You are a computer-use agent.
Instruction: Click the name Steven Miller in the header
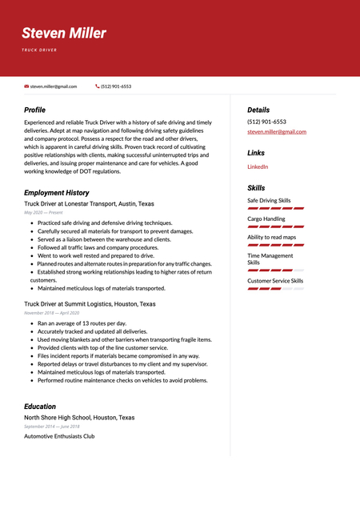pos(64,34)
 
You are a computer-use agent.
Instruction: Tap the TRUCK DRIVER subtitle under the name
pos(39,50)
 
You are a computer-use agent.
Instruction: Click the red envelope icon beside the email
pos(26,86)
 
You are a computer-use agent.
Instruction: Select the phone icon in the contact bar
pos(98,86)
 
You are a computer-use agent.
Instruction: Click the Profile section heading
pos(34,110)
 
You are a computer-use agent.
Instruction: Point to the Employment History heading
pos(56,193)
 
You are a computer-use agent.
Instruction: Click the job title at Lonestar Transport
pos(89,204)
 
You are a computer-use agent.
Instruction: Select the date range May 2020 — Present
pos(43,213)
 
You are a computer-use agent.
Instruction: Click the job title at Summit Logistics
pos(89,304)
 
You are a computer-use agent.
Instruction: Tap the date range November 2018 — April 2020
pos(57,313)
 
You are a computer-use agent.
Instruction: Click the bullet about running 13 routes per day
pos(82,323)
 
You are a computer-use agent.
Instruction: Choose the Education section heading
pos(40,407)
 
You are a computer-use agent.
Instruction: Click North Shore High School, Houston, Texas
pos(79,418)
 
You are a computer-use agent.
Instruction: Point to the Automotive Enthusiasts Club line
pos(59,436)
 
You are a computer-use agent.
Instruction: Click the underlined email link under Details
pos(277,131)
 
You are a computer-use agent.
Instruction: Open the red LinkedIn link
pos(258,166)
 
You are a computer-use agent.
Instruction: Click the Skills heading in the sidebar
pos(256,188)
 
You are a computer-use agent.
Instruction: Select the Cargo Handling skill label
pos(266,218)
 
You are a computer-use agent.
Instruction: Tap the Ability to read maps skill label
pos(271,237)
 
